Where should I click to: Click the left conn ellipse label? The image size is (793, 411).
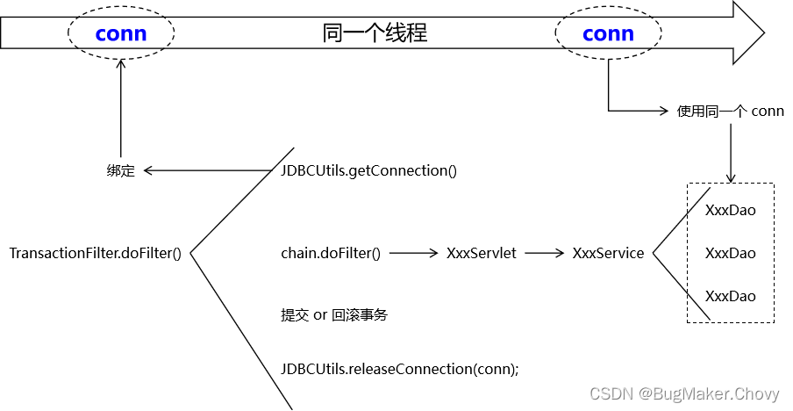[121, 34]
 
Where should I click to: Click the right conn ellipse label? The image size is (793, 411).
[608, 34]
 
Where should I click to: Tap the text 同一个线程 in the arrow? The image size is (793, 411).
[375, 34]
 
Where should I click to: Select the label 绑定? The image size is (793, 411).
[121, 171]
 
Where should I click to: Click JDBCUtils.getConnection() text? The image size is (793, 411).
[368, 170]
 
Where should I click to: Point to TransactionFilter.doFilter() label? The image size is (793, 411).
[95, 254]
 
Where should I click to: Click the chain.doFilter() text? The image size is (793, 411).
[331, 254]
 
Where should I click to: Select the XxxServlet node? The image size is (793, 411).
[482, 254]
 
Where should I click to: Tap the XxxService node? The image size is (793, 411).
[608, 254]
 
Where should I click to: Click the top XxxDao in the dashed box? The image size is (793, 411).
[730, 211]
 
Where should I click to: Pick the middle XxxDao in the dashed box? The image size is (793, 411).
[730, 254]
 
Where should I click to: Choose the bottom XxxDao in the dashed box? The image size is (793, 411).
[730, 297]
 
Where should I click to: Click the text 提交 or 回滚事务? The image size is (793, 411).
[334, 314]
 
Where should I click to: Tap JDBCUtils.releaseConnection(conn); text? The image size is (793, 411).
[400, 369]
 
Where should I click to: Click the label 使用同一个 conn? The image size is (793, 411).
[731, 112]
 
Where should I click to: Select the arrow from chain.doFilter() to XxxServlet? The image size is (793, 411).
[413, 254]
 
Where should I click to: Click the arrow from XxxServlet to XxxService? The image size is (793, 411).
[544, 254]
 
